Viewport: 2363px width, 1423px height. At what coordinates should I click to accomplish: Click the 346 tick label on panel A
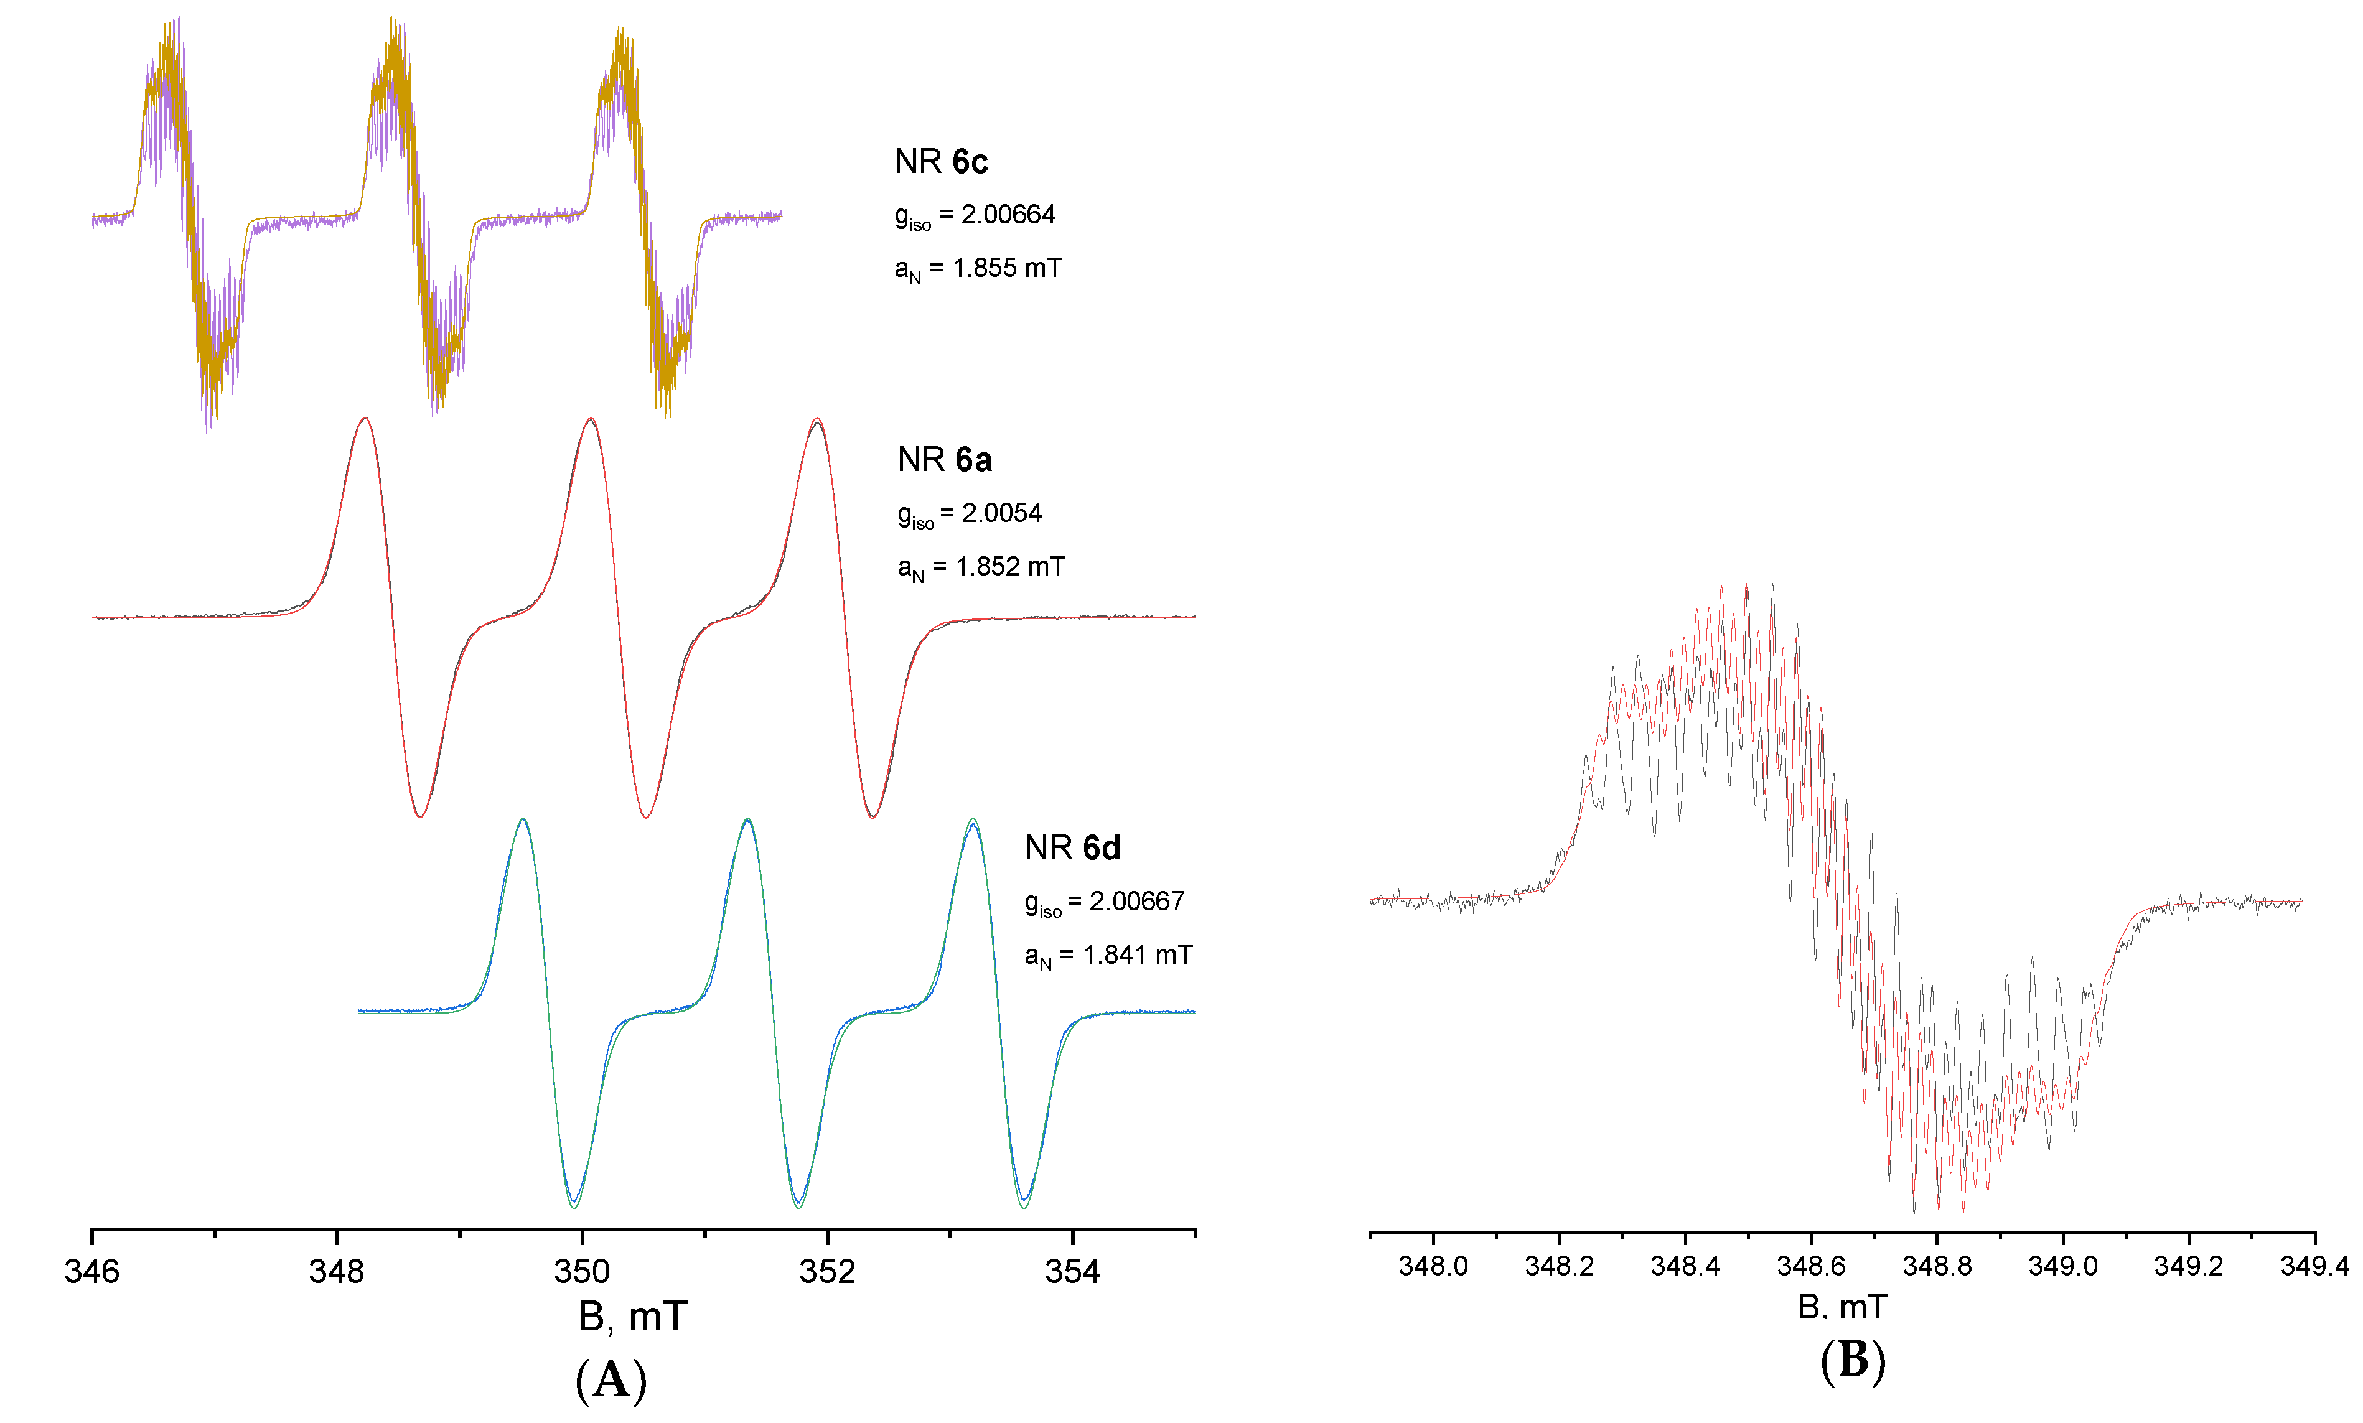pos(92,1272)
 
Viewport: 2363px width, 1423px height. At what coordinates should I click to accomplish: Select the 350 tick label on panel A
pos(581,1272)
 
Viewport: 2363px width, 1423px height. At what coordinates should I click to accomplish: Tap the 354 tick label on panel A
pos(1072,1272)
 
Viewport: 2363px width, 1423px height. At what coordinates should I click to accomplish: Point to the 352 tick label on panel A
pos(826,1272)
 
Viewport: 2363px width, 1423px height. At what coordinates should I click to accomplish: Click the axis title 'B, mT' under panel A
pos(632,1317)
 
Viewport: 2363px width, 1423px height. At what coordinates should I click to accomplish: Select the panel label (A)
pos(611,1381)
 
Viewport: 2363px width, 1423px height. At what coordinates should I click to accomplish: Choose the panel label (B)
pos(1852,1361)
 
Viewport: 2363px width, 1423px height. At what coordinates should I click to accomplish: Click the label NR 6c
pos(941,162)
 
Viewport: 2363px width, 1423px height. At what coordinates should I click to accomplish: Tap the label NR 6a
pos(945,460)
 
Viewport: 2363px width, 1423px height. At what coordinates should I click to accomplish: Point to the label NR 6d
pos(1072,847)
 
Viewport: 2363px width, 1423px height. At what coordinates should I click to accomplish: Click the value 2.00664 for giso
pos(1008,215)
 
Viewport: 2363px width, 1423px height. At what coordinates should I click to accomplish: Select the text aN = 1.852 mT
pos(981,567)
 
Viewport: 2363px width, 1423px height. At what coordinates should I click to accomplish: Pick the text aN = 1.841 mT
pos(1108,956)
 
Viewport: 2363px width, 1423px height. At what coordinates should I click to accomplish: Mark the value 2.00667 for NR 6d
pos(1136,902)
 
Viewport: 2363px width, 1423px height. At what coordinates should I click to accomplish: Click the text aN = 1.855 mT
pos(978,269)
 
